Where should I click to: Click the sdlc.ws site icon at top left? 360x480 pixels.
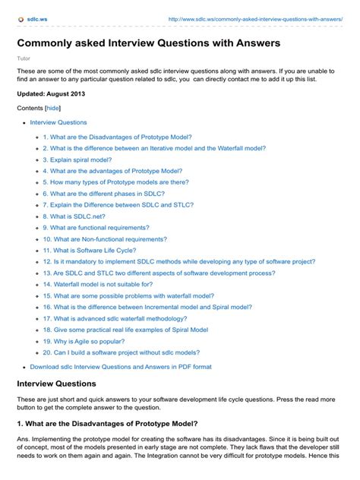[21, 17]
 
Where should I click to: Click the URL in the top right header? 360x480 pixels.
[254, 17]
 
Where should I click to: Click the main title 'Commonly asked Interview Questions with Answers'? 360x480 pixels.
[149, 43]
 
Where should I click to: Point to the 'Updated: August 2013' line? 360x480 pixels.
[51, 94]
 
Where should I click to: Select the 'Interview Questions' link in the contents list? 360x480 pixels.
[58, 122]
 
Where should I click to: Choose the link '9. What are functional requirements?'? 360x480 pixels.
[96, 227]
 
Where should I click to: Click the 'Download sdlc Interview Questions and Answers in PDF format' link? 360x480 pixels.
[121, 367]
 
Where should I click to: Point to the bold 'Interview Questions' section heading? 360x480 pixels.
[56, 384]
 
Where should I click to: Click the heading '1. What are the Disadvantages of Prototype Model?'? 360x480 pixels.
[107, 423]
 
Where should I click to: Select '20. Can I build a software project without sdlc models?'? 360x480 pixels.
[122, 352]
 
